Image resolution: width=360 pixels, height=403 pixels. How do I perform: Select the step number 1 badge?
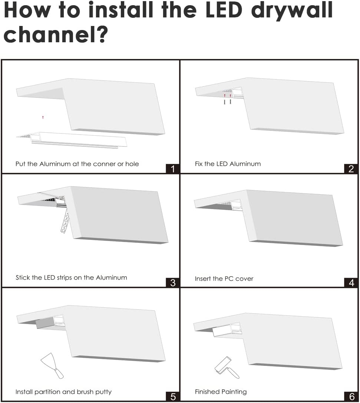(x=173, y=169)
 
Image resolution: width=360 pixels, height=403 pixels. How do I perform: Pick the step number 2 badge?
(x=351, y=169)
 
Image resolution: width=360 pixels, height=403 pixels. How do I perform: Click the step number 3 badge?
(x=173, y=283)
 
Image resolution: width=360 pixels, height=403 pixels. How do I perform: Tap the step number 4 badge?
(x=351, y=283)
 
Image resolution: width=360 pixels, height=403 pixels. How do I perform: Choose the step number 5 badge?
(x=173, y=397)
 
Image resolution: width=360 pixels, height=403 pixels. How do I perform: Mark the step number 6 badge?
(x=351, y=397)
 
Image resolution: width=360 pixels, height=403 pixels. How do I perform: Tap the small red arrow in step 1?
(x=43, y=117)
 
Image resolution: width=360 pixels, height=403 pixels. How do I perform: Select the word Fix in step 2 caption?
(x=199, y=164)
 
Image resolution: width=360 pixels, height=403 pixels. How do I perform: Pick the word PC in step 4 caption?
(x=229, y=279)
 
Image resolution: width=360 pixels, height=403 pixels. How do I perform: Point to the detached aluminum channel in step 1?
(x=74, y=140)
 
